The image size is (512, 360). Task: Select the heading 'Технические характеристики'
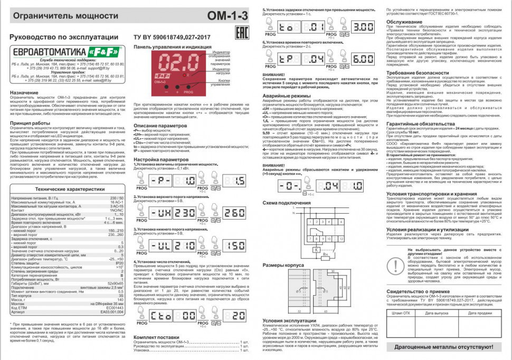pyautogui.click(x=66, y=189)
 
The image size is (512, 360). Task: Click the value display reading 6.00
pyautogui.click(x=363, y=60)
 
